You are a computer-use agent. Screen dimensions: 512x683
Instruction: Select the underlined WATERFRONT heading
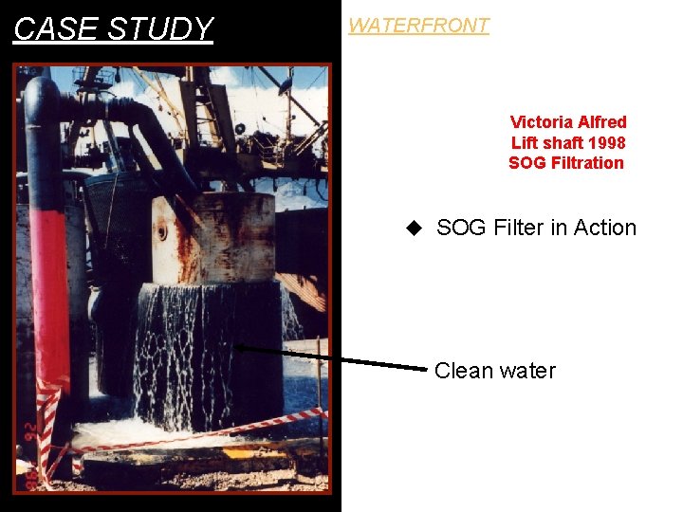click(x=418, y=26)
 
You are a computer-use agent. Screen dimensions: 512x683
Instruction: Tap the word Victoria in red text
click(x=541, y=122)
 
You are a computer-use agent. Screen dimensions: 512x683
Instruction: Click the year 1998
click(x=606, y=143)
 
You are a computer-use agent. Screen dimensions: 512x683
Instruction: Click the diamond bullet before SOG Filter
click(x=413, y=228)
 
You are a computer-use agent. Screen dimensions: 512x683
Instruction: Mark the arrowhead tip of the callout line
click(x=236, y=348)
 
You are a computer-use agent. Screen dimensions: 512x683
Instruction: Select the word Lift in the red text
click(x=525, y=143)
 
